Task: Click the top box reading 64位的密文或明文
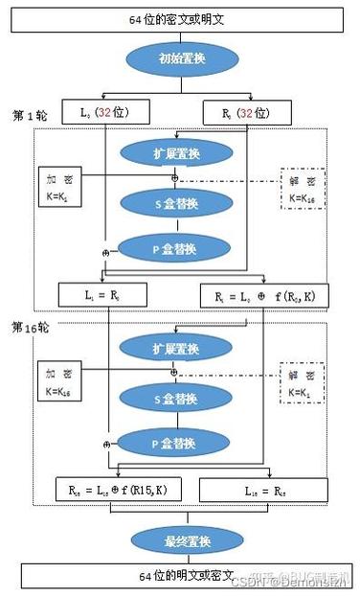point(175,18)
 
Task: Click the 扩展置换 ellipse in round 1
point(175,153)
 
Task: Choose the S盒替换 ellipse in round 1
point(175,202)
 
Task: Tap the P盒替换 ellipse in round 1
point(175,248)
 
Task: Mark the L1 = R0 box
point(102,295)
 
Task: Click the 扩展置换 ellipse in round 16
point(175,346)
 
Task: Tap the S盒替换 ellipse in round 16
point(175,397)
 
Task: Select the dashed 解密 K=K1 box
point(303,380)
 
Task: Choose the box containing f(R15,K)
point(116,489)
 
